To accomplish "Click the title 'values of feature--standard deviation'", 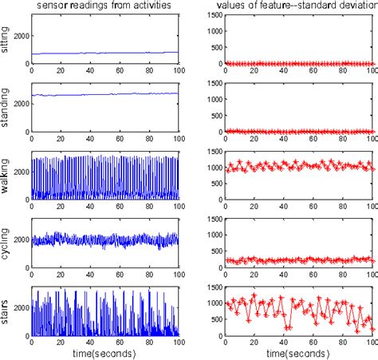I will tap(297, 6).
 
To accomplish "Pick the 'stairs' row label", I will tap(7, 313).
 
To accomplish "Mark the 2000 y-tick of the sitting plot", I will tap(20, 36).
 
